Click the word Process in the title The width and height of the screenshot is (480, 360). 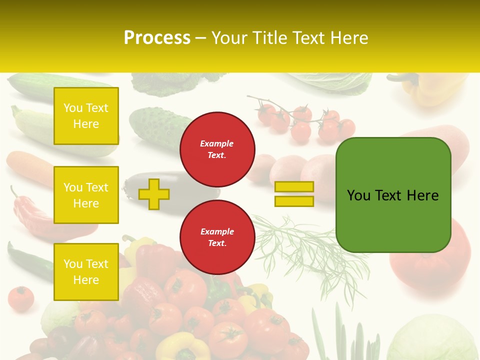pyautogui.click(x=157, y=38)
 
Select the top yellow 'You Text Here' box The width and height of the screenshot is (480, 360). pyautogui.click(x=86, y=116)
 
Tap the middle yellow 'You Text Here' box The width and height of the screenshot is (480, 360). pyautogui.click(x=86, y=195)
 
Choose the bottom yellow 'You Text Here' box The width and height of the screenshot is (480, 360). pyautogui.click(x=86, y=271)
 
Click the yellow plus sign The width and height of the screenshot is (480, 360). pyautogui.click(x=154, y=194)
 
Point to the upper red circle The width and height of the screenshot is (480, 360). pyautogui.click(x=217, y=149)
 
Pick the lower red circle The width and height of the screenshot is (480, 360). pyautogui.click(x=217, y=237)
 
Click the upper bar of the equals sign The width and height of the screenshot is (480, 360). pyautogui.click(x=294, y=186)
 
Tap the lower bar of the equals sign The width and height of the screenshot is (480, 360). pyautogui.click(x=294, y=201)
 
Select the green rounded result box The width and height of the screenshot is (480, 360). pyautogui.click(x=393, y=195)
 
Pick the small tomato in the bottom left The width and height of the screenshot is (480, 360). pyautogui.click(x=20, y=298)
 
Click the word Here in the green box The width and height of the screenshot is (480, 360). pyautogui.click(x=422, y=195)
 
